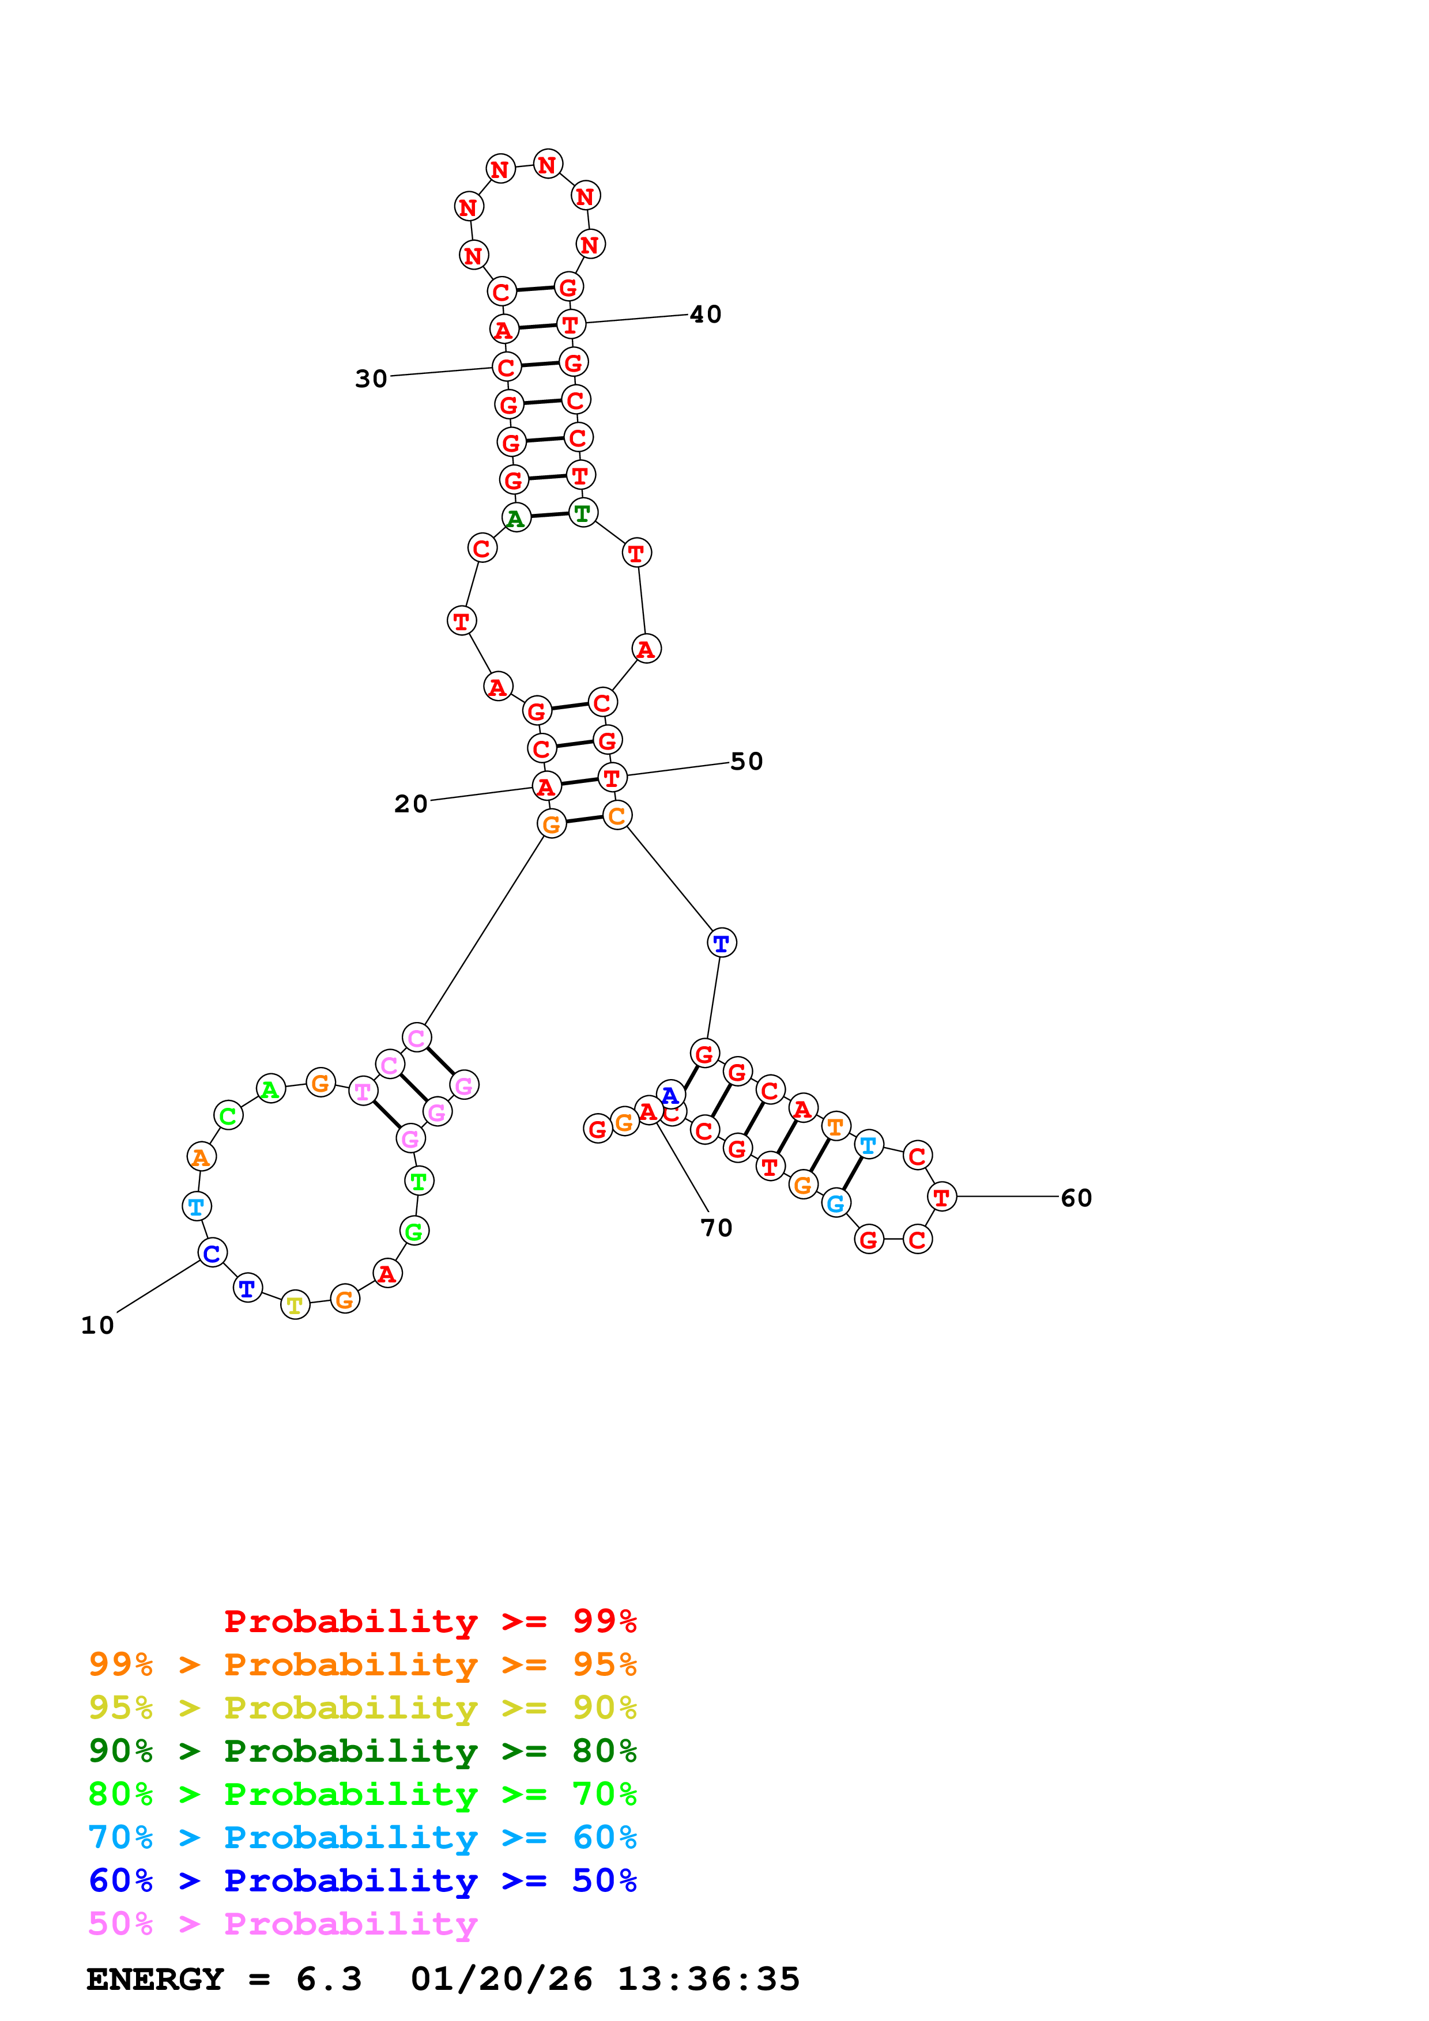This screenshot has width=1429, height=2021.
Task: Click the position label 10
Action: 97,1326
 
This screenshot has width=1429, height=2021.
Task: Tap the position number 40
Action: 705,314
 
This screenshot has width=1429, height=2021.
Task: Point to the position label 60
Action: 1076,1198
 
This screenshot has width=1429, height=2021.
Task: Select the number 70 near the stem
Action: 716,1228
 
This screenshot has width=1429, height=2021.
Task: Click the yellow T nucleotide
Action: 295,1305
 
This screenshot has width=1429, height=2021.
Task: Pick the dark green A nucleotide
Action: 516,519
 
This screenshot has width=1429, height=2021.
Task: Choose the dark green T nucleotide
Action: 582,512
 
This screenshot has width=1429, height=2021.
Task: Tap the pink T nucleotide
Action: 363,1092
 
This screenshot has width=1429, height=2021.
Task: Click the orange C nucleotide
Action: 617,816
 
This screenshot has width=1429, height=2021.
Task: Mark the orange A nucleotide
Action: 201,1157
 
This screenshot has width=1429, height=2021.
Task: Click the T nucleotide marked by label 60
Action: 941,1197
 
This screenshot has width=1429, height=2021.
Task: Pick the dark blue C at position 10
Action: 212,1252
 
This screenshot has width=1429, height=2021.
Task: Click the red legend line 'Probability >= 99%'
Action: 429,1621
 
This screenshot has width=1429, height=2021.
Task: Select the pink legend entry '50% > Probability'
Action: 282,1923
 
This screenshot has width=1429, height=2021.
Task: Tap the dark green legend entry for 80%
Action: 362,1750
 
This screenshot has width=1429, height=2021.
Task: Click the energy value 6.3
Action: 329,1979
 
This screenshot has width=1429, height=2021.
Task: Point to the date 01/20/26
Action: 501,1979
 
